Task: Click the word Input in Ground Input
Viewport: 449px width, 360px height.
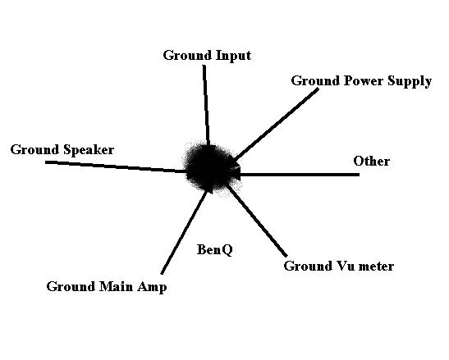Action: tap(233, 56)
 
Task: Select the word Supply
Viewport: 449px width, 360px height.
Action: tap(410, 82)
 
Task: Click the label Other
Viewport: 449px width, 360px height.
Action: tap(371, 161)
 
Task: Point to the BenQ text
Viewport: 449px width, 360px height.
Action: tap(215, 250)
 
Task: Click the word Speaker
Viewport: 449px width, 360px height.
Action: tap(89, 150)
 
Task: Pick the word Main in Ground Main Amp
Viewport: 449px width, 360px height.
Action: tap(116, 286)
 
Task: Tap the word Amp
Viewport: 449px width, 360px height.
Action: tap(152, 288)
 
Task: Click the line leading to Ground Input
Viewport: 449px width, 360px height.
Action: tap(206, 105)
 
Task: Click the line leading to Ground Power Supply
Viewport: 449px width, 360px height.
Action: tap(277, 123)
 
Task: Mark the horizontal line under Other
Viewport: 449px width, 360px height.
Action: tap(300, 175)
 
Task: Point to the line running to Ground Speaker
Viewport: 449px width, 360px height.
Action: tap(116, 166)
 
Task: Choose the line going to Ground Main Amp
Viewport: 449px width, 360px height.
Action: tap(184, 232)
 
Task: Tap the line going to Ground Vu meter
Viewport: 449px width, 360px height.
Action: tap(257, 221)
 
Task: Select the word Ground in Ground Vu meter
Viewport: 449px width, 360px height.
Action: tap(306, 266)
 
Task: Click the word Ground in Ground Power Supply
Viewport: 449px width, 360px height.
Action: tap(315, 80)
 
